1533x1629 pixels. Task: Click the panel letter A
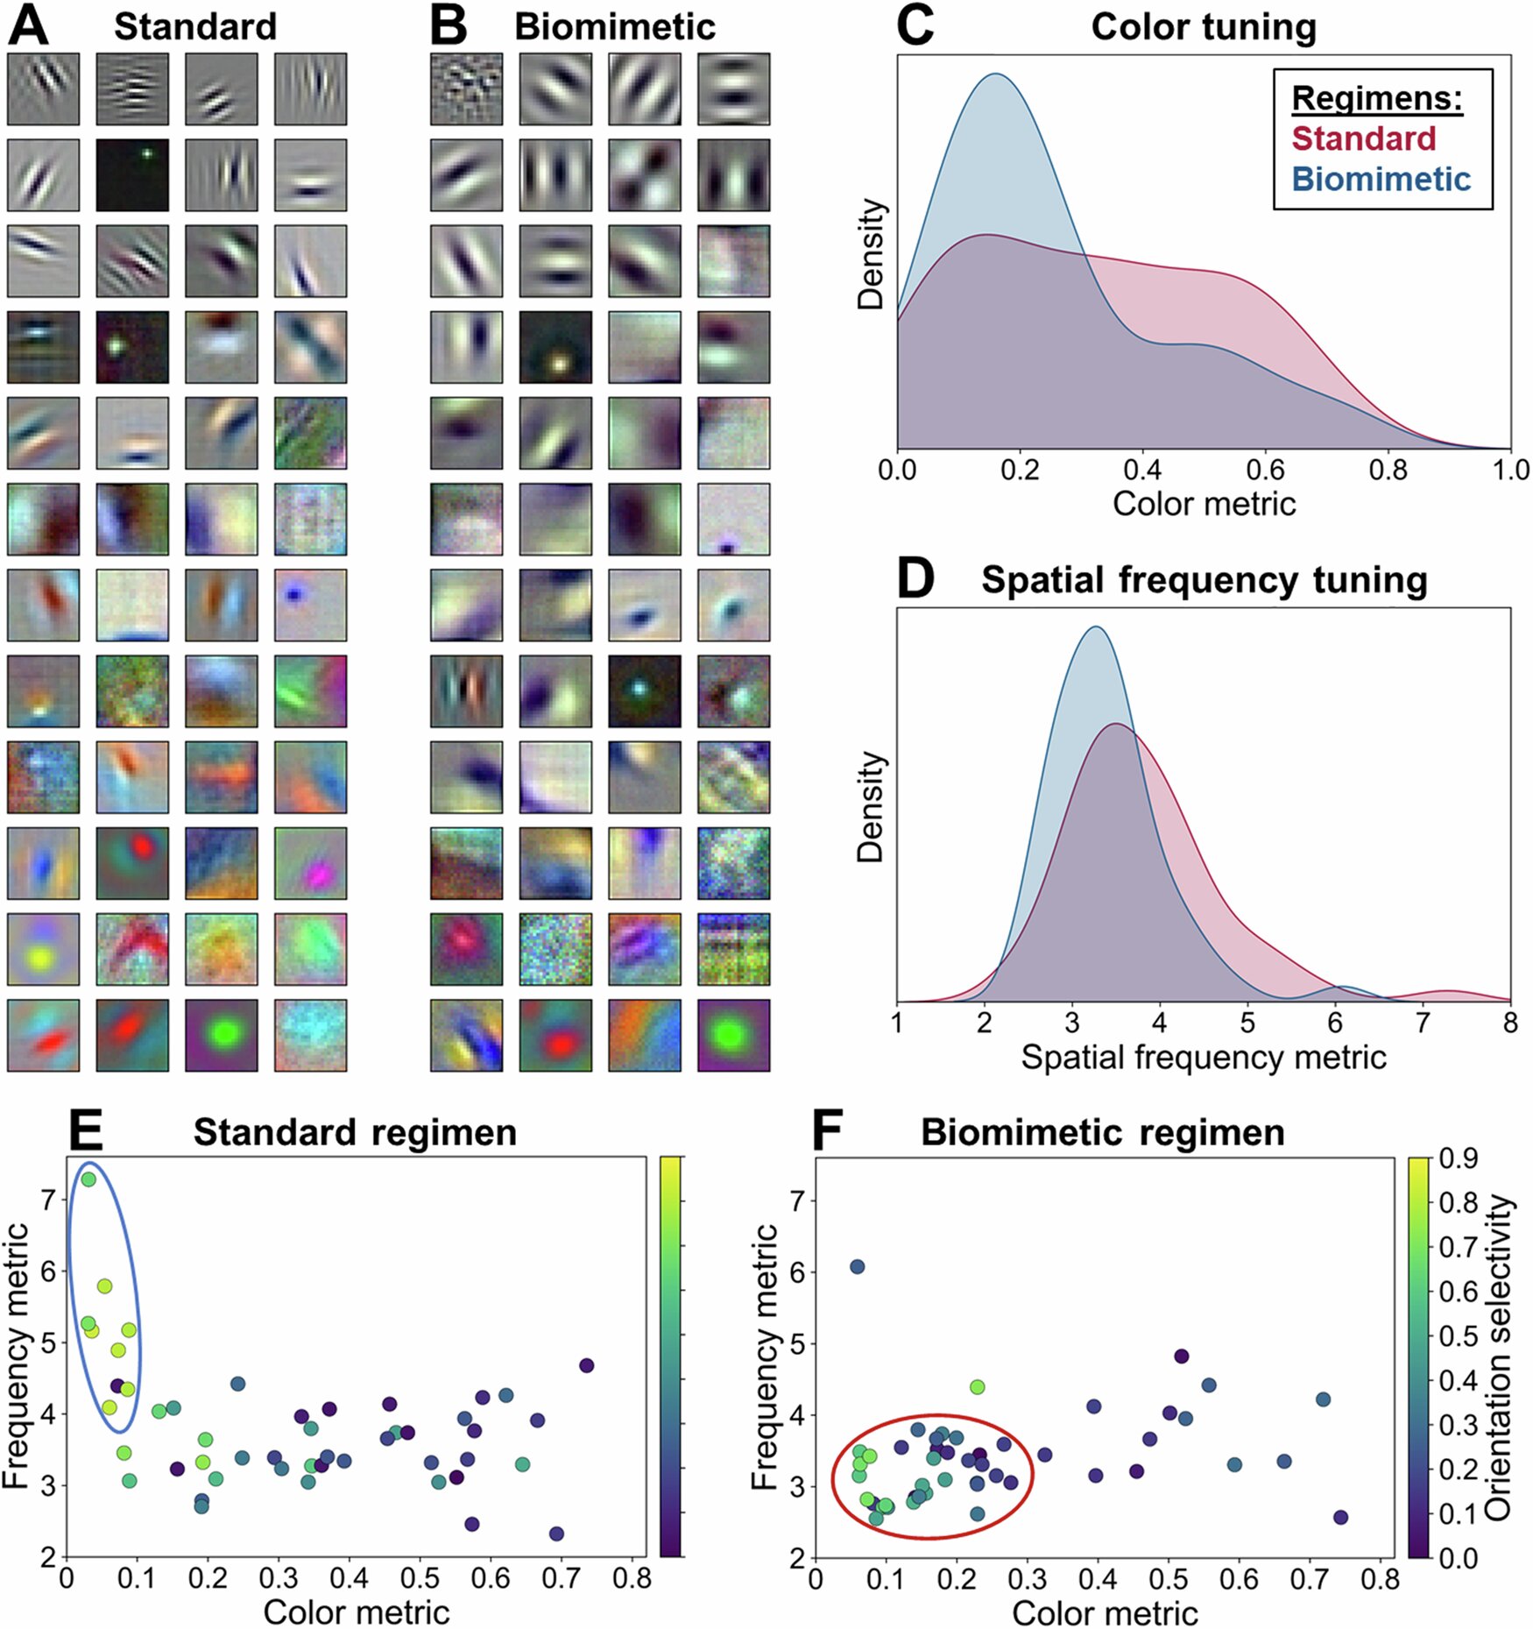click(x=28, y=26)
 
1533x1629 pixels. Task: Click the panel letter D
click(x=915, y=579)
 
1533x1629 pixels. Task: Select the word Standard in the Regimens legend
click(x=1363, y=138)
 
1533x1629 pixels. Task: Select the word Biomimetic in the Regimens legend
click(x=1381, y=179)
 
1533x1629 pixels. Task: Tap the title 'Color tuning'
click(x=1203, y=27)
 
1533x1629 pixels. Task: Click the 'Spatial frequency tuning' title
click(x=1204, y=580)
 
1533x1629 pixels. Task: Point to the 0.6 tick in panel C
click(x=1265, y=471)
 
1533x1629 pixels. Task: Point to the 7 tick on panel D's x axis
click(x=1423, y=1023)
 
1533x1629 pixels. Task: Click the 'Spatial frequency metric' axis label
click(x=1203, y=1058)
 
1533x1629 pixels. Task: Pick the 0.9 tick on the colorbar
click(x=1458, y=1158)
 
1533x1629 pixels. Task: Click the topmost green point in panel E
click(x=88, y=1179)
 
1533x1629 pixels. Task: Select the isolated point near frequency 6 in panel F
click(x=857, y=1266)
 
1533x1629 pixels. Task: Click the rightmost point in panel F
click(x=1340, y=1518)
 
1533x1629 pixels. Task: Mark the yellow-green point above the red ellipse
click(x=978, y=1387)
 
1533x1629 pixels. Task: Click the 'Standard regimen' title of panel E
click(x=355, y=1132)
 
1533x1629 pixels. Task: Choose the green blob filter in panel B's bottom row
click(x=733, y=1036)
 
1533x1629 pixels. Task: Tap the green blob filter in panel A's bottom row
click(x=222, y=1036)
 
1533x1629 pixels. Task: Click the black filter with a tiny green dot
click(x=132, y=174)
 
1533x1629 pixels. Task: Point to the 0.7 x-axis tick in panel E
click(x=561, y=1578)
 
